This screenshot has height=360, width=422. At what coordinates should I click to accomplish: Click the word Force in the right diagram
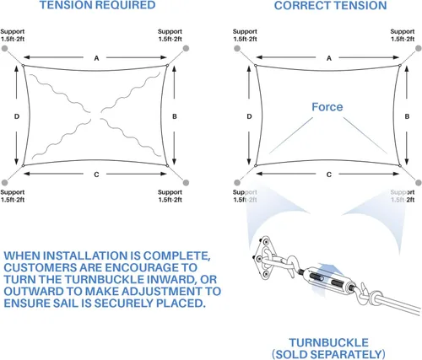(x=327, y=107)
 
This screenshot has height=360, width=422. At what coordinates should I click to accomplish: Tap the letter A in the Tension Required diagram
(x=96, y=58)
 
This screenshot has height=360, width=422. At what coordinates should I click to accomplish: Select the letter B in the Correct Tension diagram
(x=407, y=116)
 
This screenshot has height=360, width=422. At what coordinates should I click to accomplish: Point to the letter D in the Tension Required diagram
(x=17, y=116)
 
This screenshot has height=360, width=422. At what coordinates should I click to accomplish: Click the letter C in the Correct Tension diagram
(x=329, y=175)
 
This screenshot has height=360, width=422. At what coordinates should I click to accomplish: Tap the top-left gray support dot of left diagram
(x=5, y=49)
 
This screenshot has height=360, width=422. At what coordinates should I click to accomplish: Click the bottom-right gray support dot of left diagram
(x=186, y=183)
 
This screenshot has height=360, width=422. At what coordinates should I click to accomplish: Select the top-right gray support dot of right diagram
(x=419, y=49)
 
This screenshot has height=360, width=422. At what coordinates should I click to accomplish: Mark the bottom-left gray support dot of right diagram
(x=237, y=183)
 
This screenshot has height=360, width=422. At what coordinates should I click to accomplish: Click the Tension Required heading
(x=97, y=5)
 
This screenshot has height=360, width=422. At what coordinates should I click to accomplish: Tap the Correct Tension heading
(x=331, y=5)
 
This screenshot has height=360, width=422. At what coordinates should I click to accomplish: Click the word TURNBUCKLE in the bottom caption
(x=328, y=342)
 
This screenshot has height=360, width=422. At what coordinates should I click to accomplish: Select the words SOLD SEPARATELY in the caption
(x=328, y=354)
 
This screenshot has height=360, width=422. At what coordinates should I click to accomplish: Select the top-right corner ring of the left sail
(x=167, y=66)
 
